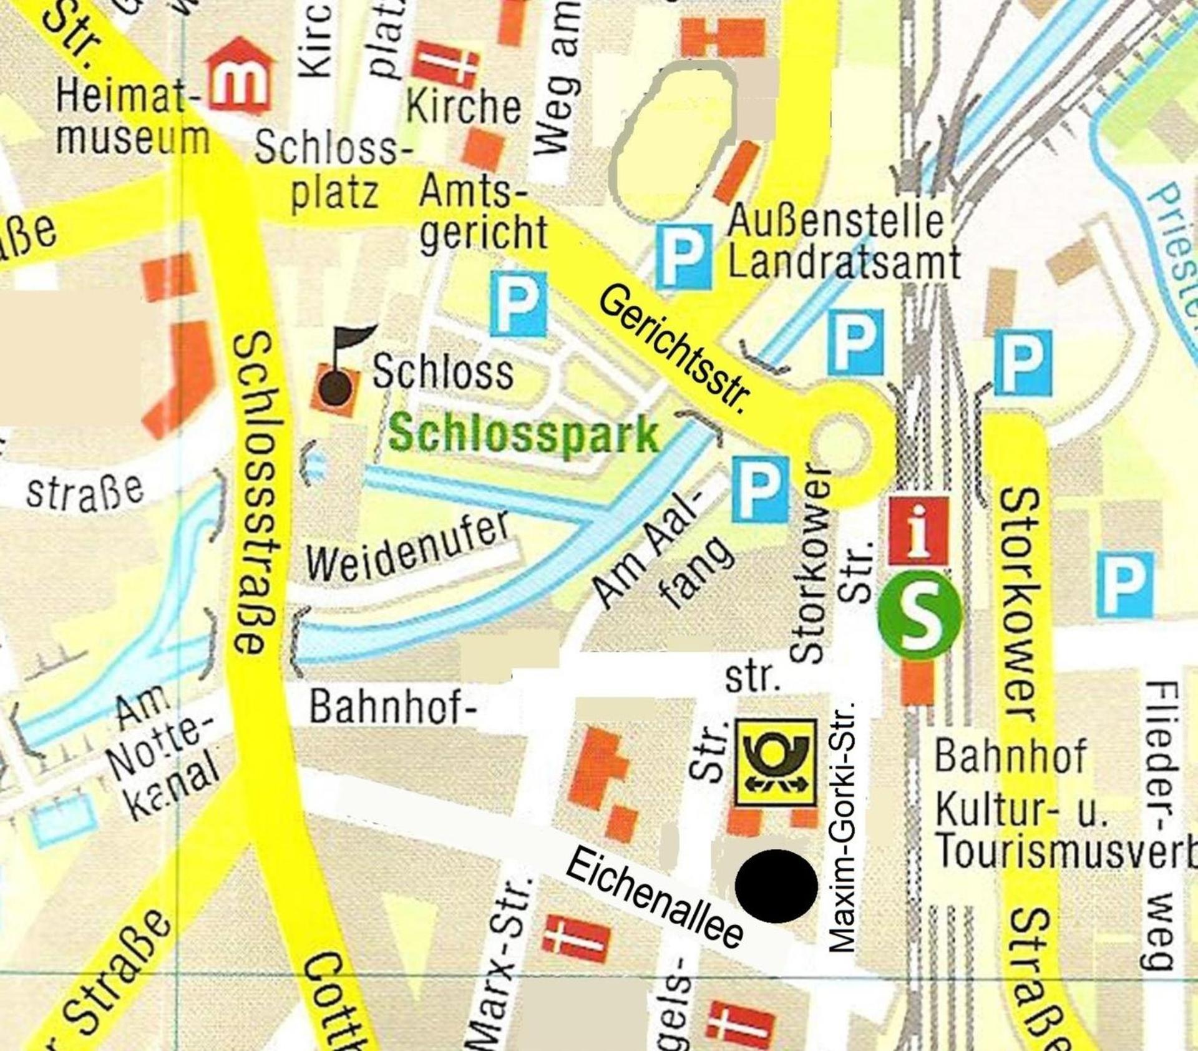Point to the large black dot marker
776,885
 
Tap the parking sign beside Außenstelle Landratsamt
684,257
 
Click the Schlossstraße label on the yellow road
255,493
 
